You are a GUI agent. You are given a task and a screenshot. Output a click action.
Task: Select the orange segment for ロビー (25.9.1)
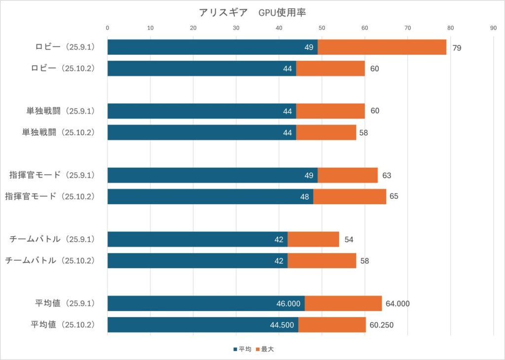pyautogui.click(x=382, y=47)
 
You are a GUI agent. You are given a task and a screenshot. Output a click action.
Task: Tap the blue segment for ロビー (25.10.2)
pyautogui.click(x=201, y=69)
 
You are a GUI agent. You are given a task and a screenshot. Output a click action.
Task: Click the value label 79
pyautogui.click(x=457, y=48)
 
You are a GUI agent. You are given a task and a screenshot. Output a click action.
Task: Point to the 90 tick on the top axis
pyautogui.click(x=493, y=28)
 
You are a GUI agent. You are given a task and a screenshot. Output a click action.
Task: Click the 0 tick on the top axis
pyautogui.click(x=108, y=28)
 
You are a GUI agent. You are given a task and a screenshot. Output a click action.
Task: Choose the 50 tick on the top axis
pyautogui.click(x=322, y=28)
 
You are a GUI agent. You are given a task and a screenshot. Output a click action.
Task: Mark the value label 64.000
pyautogui.click(x=398, y=304)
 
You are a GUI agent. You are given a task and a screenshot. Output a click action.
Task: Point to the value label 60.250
pyautogui.click(x=382, y=325)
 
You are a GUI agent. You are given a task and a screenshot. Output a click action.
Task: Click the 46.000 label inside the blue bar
pyautogui.click(x=288, y=304)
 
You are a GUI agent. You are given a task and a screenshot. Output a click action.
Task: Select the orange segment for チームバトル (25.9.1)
pyautogui.click(x=313, y=240)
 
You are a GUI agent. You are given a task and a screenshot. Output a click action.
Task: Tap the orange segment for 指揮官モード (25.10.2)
pyautogui.click(x=350, y=197)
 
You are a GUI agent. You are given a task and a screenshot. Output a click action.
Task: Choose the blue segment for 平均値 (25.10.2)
pyautogui.click(x=202, y=325)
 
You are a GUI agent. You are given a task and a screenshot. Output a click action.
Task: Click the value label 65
pyautogui.click(x=394, y=197)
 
